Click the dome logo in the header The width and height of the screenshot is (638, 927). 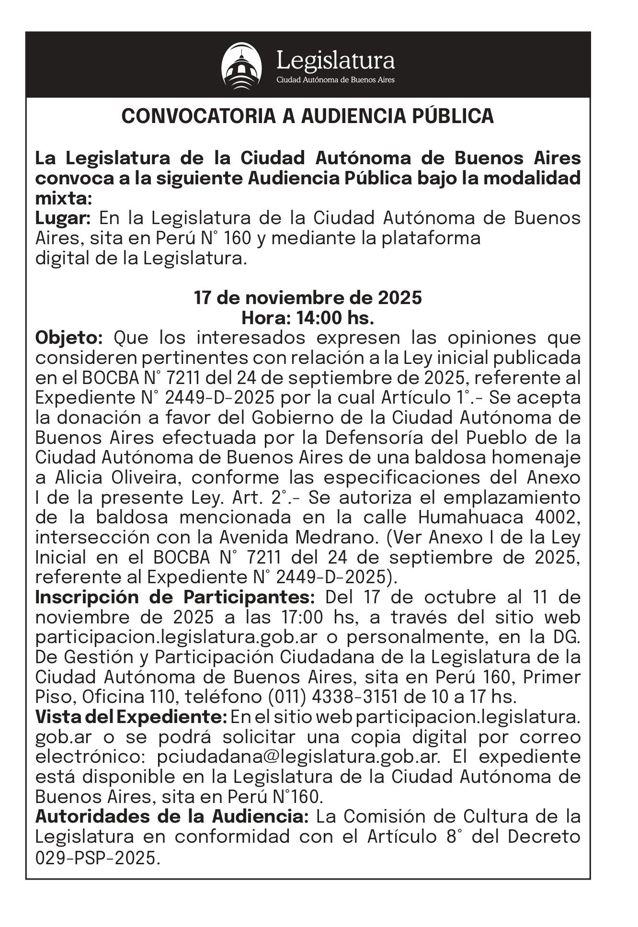point(241,66)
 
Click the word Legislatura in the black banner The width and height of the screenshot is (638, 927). point(336,61)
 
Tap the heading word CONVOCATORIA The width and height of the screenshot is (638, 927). point(197,116)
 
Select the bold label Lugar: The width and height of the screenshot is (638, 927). point(63,218)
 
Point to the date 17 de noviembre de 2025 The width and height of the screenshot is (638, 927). point(308,297)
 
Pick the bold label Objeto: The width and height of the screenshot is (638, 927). point(69,338)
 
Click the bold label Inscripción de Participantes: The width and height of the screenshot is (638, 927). point(175,598)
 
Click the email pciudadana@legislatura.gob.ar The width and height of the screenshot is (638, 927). point(298,757)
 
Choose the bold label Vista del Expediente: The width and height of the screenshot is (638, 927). point(131,717)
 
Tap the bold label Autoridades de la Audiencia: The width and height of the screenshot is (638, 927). point(172,816)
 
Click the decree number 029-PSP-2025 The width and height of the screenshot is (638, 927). point(96,857)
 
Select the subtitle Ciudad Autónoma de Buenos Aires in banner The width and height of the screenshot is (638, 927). point(335,79)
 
